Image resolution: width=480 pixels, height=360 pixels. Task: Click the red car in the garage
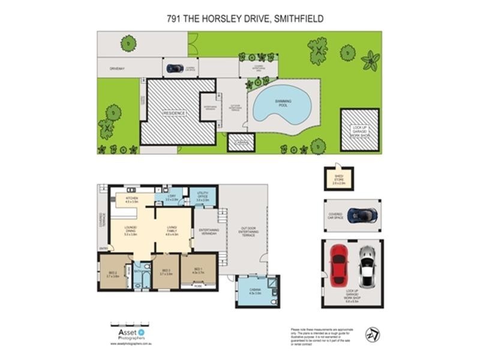coord(339,266)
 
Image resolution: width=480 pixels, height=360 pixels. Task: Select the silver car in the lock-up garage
coord(367,266)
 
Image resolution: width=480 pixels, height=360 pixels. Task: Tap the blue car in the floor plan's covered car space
coord(362,214)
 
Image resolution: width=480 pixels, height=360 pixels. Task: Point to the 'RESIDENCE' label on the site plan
coord(176,112)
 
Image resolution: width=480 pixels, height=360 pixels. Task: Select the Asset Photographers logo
coord(128,332)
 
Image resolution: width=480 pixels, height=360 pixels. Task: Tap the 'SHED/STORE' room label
coord(340,181)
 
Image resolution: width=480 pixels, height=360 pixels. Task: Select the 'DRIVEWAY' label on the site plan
coord(116,68)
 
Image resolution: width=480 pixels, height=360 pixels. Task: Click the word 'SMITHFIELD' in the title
coord(298,19)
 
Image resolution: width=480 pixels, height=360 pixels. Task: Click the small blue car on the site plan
coord(175,68)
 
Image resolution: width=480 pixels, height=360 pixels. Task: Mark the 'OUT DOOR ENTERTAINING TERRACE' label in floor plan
coord(248,232)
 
